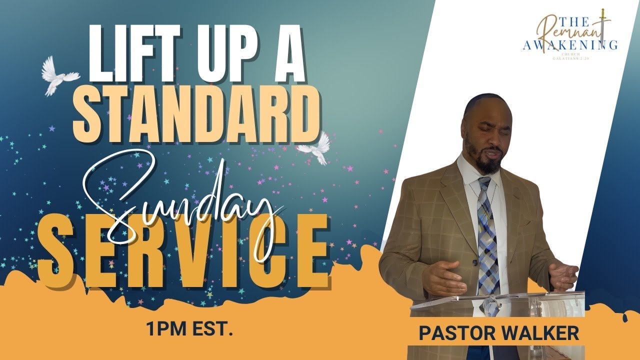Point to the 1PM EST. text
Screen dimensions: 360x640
pyautogui.click(x=189, y=330)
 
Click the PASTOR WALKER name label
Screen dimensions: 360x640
pyautogui.click(x=498, y=333)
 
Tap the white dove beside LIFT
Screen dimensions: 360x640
pyautogui.click(x=59, y=75)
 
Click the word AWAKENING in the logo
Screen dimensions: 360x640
pyautogui.click(x=570, y=45)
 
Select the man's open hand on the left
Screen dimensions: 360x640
pyautogui.click(x=442, y=277)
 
